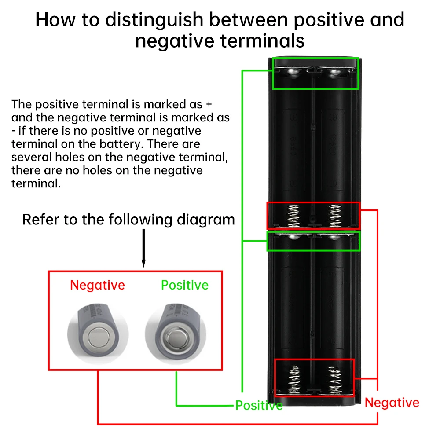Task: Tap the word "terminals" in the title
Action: click(x=263, y=40)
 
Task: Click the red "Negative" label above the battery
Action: click(x=97, y=285)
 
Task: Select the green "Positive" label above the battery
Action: click(x=184, y=285)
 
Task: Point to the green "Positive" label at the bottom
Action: click(x=259, y=405)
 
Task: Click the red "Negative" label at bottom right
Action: click(x=392, y=402)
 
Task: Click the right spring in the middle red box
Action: click(x=334, y=215)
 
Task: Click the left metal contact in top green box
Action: click(x=293, y=72)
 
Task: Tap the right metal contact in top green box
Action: click(x=334, y=72)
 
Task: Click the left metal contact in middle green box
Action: click(x=293, y=238)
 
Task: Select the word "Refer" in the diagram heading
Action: click(x=41, y=219)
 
